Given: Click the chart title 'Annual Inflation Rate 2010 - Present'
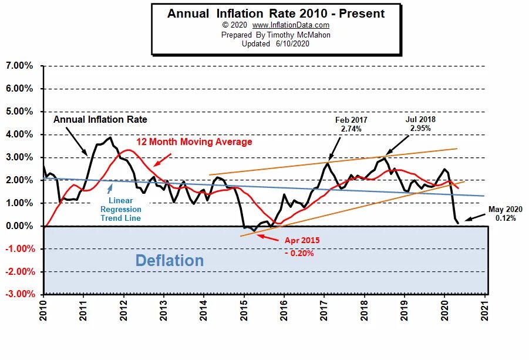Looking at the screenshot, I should (x=276, y=14).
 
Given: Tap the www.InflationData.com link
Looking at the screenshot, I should (x=291, y=25).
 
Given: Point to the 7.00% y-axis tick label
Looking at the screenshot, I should (x=19, y=66).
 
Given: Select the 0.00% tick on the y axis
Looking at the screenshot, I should (x=19, y=226).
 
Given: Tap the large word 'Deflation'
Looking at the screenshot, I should (x=170, y=261).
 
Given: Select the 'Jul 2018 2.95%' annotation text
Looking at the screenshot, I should (x=420, y=123).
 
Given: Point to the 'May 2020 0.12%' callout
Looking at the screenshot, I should (x=505, y=213).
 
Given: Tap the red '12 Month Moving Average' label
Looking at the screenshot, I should (x=194, y=142).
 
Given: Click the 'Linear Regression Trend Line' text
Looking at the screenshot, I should (x=120, y=210).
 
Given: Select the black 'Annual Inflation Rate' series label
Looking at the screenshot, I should (x=100, y=119).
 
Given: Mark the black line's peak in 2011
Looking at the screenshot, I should (x=110, y=137).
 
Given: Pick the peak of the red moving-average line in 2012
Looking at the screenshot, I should (x=129, y=150).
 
